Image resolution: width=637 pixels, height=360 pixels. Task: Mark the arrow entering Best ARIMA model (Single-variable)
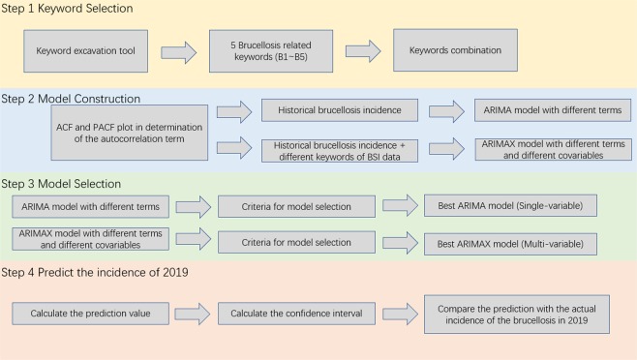pyautogui.click(x=399, y=206)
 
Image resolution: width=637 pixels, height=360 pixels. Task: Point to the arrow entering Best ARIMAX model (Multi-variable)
pyautogui.click(x=399, y=241)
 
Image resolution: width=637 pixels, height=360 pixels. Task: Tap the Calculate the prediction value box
pyautogui.click(x=89, y=313)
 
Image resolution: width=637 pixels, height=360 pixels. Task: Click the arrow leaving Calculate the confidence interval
pyautogui.click(x=398, y=313)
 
